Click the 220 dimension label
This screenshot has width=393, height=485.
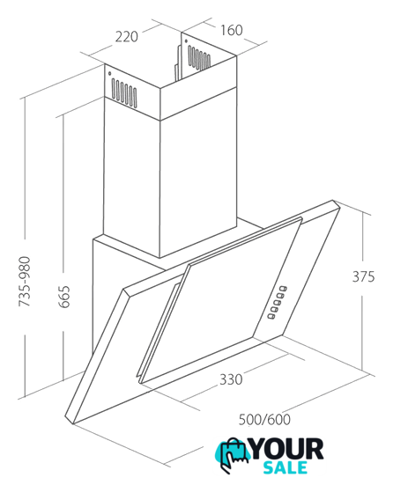(127, 36)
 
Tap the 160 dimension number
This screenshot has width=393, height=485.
(232, 30)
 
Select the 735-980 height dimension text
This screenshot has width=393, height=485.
(25, 282)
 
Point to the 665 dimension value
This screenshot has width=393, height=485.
(64, 297)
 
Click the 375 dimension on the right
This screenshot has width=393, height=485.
(364, 276)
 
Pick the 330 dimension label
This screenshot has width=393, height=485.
(231, 379)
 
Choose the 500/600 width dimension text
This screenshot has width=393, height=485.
(264, 420)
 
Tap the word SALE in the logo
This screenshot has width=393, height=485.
(285, 467)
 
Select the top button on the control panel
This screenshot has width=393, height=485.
(283, 289)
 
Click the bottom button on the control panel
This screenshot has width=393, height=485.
(271, 316)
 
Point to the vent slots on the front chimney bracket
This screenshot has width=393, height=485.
(124, 92)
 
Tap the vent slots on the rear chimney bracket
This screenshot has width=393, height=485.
(198, 57)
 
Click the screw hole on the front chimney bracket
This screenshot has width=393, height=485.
(109, 74)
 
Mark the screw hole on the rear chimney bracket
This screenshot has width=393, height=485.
(186, 41)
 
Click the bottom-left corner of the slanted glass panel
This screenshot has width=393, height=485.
(141, 383)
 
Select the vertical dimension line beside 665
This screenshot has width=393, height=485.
(63, 246)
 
